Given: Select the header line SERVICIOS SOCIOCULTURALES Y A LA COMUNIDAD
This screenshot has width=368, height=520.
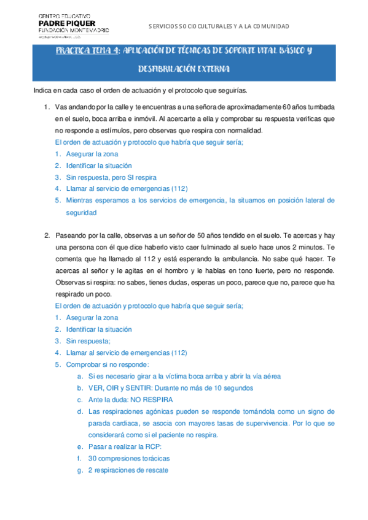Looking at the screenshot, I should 219,26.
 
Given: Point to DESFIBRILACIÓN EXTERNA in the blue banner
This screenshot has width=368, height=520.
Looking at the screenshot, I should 184,69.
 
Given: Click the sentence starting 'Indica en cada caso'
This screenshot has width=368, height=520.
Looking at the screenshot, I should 140,91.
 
